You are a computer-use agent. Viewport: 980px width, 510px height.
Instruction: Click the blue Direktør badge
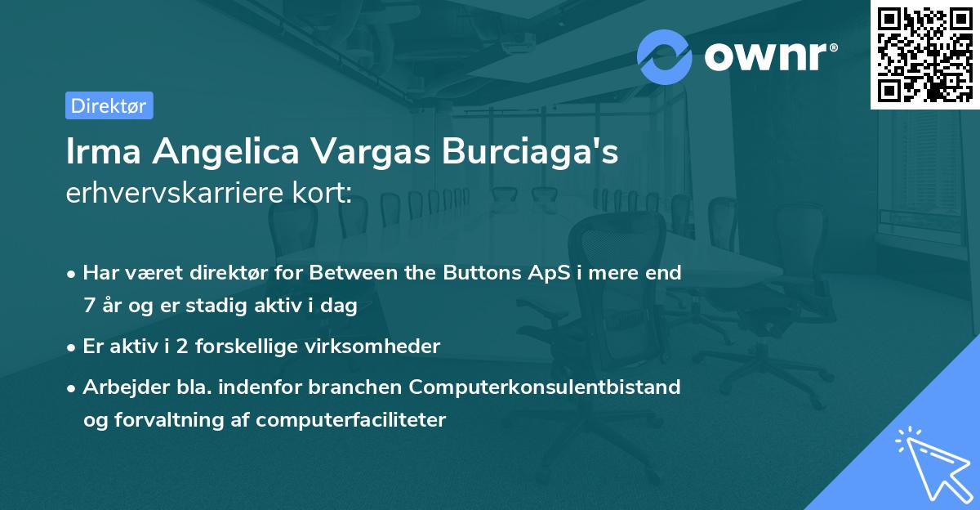point(109,105)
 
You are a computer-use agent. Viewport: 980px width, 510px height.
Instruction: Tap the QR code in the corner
point(924,55)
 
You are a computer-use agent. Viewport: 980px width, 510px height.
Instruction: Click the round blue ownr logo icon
point(665,56)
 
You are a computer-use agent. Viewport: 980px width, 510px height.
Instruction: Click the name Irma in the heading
point(103,152)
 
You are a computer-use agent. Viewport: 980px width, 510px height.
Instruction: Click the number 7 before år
point(88,306)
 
